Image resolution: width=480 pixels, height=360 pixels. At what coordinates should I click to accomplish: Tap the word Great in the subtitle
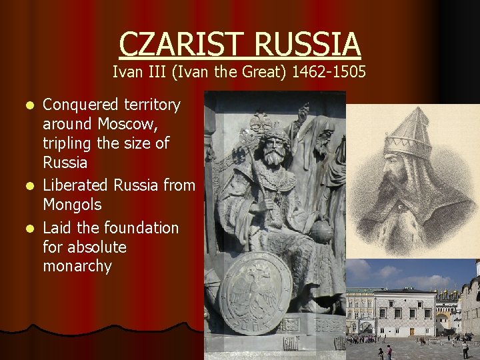[x=261, y=72]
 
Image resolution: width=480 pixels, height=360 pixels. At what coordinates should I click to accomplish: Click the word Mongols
[x=72, y=204]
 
